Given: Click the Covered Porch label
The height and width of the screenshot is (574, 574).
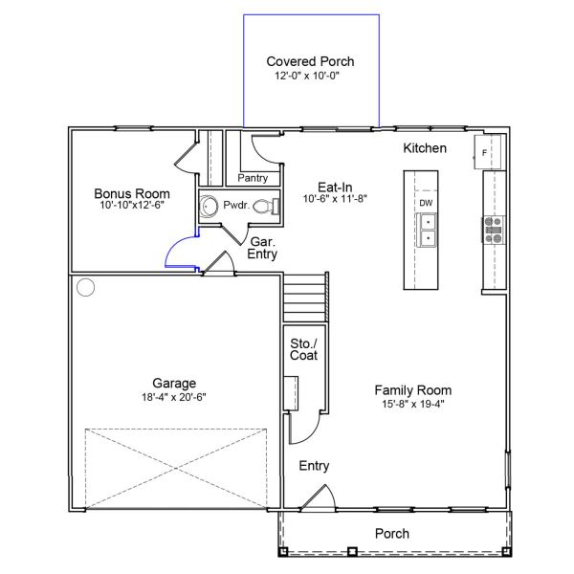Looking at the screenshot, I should click(309, 61).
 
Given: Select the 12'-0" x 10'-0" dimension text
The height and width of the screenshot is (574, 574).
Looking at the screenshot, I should click(309, 75).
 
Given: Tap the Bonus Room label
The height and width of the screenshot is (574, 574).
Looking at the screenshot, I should click(132, 192).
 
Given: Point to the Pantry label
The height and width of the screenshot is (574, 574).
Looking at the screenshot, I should click(253, 178).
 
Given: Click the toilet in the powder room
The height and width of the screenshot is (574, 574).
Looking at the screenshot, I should click(273, 206).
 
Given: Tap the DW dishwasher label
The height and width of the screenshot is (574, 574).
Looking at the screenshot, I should click(426, 203).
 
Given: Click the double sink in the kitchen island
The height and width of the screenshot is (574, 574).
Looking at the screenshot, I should click(427, 230).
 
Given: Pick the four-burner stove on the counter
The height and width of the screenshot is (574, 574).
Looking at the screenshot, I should click(494, 227).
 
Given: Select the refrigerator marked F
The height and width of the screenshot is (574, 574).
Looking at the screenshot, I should click(486, 151).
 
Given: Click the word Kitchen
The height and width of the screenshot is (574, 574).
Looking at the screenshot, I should click(425, 148).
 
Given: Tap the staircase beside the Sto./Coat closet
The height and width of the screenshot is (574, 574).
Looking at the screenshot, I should click(306, 298).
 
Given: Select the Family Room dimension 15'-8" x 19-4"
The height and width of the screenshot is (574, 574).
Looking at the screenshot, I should click(412, 404).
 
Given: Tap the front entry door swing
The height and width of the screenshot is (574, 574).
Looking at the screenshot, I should click(317, 497).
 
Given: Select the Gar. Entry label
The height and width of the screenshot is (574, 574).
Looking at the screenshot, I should click(262, 249).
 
